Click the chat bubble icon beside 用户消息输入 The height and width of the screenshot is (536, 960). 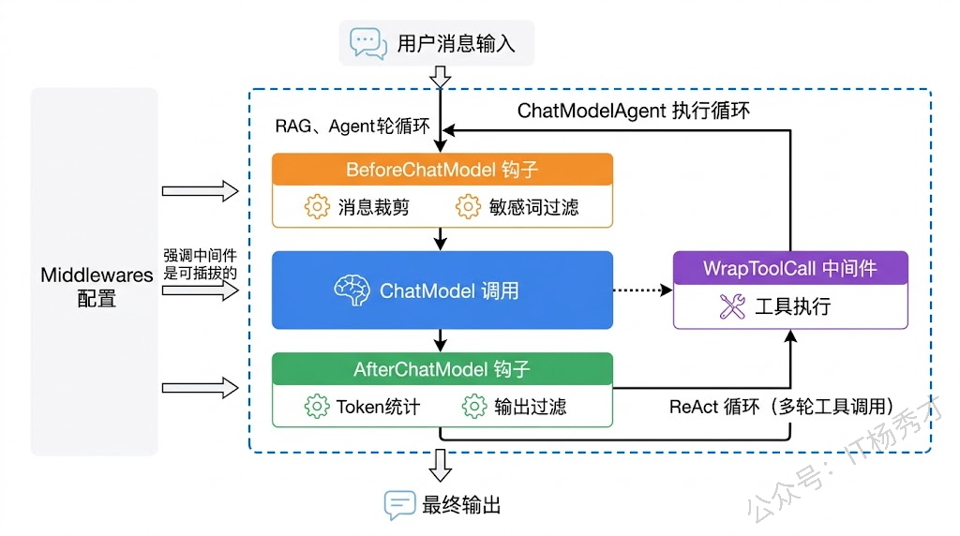coord(367,43)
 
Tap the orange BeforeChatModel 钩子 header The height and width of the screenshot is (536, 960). coord(442,170)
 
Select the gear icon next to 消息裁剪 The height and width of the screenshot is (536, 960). coord(317,207)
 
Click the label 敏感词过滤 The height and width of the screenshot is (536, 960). coord(534,207)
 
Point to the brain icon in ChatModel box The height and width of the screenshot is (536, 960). coord(353,290)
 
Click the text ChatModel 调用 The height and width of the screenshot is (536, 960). coord(449,290)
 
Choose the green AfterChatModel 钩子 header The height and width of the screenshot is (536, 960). coord(442,369)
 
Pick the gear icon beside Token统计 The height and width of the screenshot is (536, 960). coord(317,407)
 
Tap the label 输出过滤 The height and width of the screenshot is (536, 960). coord(531,407)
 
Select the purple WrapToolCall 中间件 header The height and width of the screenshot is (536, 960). coord(790,268)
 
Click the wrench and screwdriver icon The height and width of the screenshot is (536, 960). coord(731,306)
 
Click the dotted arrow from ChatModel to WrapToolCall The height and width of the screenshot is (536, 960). coord(642,290)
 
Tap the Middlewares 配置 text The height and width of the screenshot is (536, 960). coord(97,288)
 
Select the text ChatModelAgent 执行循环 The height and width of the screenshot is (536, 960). coord(634,111)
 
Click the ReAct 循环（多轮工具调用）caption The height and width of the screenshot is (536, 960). coord(780,407)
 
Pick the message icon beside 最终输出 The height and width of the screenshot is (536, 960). coord(399,505)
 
